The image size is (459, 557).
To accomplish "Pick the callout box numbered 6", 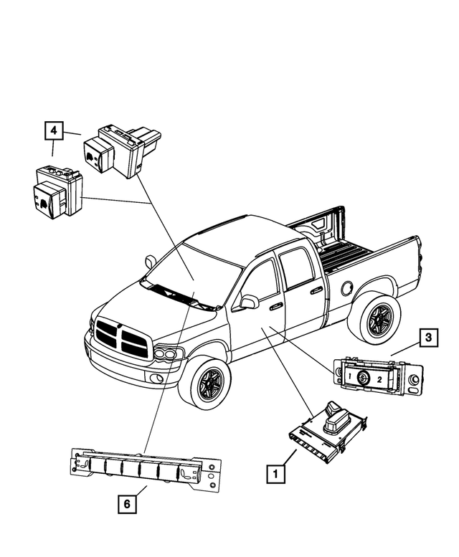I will [x=126, y=505].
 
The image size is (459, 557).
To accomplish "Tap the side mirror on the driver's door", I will [x=248, y=302].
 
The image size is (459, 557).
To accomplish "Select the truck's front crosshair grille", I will [x=121, y=336].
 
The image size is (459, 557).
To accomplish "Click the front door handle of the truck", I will [x=275, y=306].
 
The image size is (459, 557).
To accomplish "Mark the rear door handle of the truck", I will [x=316, y=290].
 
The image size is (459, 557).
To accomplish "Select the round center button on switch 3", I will [x=363, y=376].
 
